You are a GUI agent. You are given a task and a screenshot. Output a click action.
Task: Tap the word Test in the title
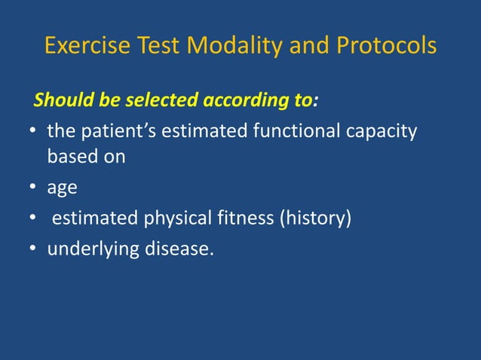point(155,46)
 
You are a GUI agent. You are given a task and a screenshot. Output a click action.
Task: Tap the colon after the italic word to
point(316,101)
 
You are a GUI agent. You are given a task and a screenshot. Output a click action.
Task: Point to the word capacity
point(382,133)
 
